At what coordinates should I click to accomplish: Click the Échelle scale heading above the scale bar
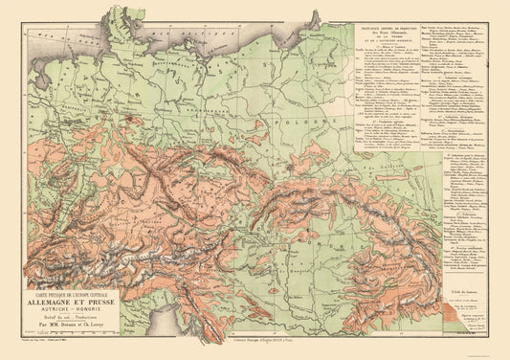pos(463,289)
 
